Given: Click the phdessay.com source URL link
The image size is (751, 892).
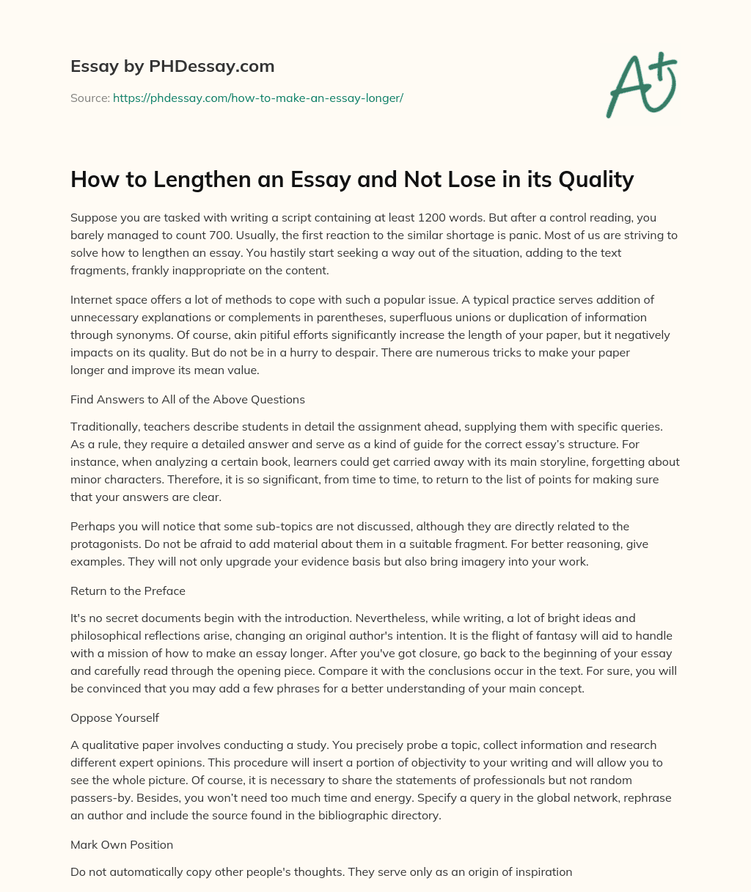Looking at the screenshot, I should [258, 98].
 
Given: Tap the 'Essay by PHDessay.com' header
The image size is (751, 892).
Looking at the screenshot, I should [172, 66].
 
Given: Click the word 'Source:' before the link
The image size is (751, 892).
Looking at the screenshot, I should [90, 98].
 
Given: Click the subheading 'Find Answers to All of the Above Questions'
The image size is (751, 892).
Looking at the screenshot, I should [188, 400].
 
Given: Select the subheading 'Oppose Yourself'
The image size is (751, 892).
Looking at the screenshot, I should [114, 718].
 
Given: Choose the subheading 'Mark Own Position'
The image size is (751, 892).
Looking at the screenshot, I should [122, 844].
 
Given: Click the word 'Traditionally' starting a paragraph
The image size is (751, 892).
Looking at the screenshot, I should [103, 426].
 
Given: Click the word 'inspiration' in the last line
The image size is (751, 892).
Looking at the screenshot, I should [543, 872].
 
